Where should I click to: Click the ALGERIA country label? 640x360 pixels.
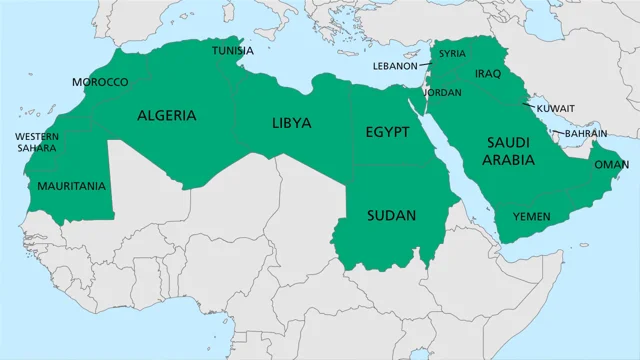pos(167,116)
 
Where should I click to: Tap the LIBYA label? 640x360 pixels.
pos(292,124)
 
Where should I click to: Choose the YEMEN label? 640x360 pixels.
pos(531,216)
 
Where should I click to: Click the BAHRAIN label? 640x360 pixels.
pos(585,132)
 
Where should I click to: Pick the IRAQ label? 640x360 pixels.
pos(486,74)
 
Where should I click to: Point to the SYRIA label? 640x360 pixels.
pos(452,54)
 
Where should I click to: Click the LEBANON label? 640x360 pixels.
pos(394,66)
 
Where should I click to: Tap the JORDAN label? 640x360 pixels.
pos(442,92)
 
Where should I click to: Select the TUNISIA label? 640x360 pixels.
pos(231,50)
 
